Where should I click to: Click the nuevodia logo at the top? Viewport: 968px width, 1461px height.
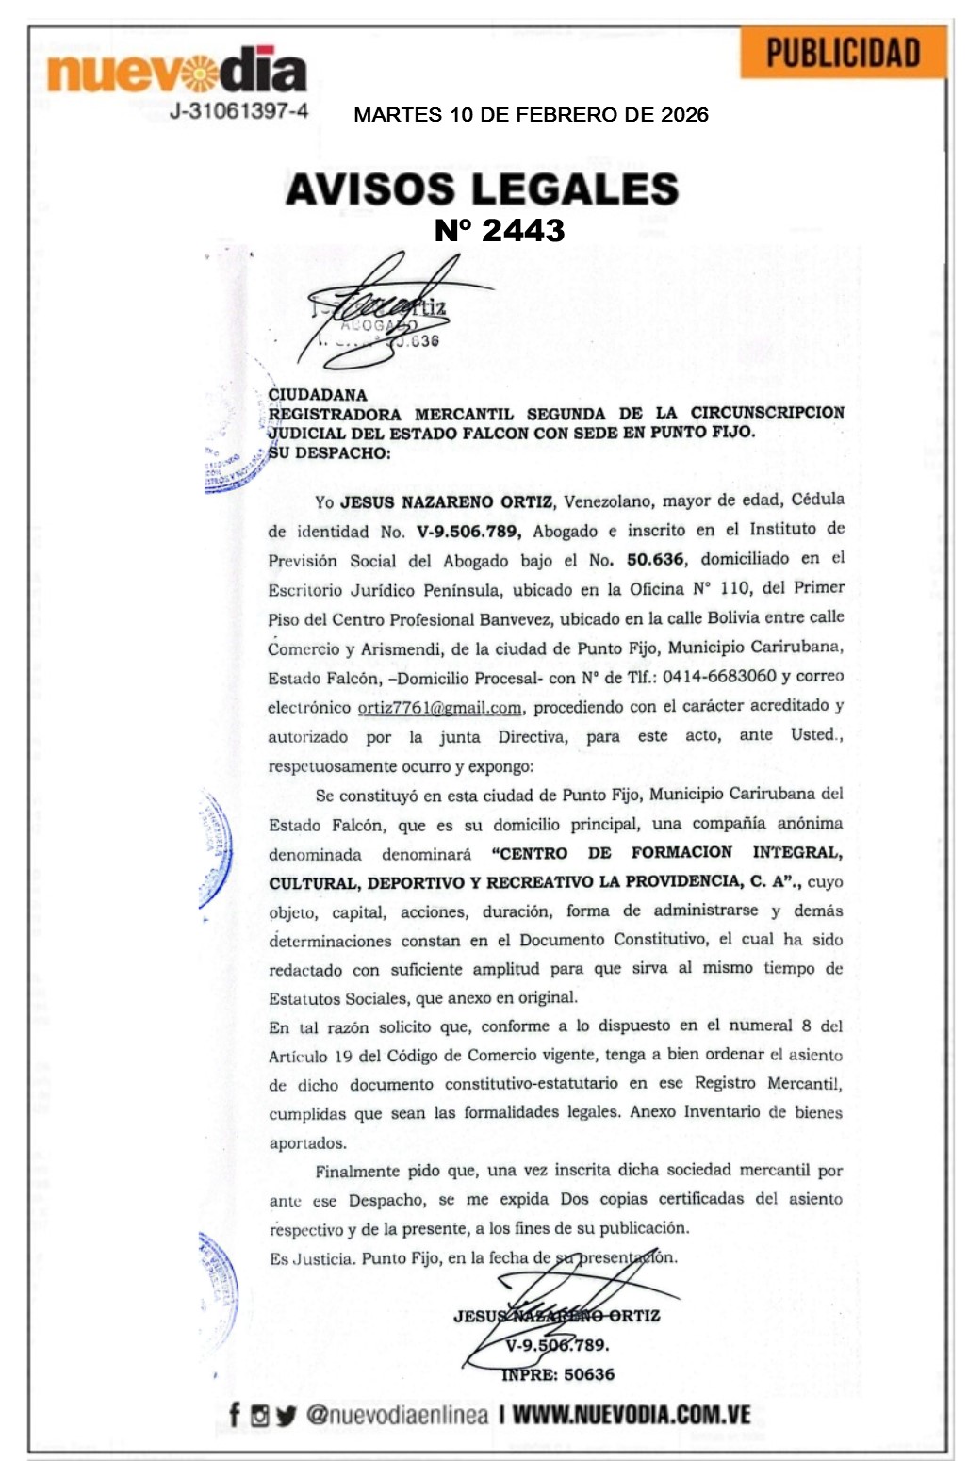pos(176,70)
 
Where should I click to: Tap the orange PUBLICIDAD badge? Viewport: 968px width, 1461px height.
pos(843,53)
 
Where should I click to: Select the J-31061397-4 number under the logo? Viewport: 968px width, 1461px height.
pos(238,111)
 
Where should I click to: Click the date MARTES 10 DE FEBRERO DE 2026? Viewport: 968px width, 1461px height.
pos(531,115)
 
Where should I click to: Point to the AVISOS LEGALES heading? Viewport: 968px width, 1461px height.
pos(482,189)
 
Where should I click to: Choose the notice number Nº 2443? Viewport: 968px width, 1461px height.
pos(500,230)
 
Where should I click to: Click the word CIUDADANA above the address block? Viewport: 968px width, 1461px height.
pos(318,395)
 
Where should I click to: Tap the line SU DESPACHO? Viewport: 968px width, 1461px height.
pos(329,452)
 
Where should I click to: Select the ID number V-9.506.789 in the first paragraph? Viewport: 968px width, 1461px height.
pos(468,532)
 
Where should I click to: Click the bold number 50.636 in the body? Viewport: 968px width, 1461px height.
pos(655,559)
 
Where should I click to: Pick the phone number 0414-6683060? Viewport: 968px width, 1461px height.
pos(719,677)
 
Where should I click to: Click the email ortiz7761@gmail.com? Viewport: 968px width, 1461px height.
pos(439,707)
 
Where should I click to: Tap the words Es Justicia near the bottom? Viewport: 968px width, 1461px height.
pos(312,1258)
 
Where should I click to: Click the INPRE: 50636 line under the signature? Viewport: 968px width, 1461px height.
pos(558,1374)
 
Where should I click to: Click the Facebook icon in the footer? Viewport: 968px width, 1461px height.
pos(235,1414)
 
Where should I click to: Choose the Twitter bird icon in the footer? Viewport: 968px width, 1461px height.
pos(286,1415)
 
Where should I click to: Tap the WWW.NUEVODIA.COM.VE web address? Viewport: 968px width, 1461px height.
pos(632,1415)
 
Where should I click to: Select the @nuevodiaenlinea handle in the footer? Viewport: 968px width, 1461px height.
pos(397,1415)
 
